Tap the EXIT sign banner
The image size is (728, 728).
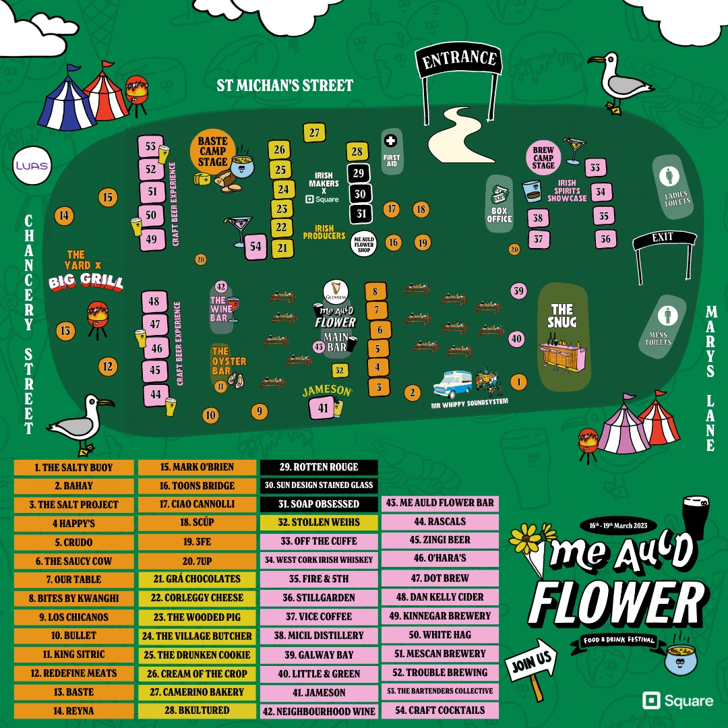click(x=663, y=239)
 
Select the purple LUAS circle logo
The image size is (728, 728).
click(x=32, y=165)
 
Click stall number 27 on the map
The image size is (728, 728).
click(x=314, y=133)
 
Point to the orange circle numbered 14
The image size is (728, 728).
click(x=64, y=216)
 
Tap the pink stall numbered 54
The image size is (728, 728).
click(x=255, y=247)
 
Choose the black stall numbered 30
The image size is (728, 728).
click(x=360, y=194)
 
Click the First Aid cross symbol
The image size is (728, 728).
click(x=390, y=141)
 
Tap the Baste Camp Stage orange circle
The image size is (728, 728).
click(x=212, y=152)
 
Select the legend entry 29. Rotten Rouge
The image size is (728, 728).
click(x=319, y=467)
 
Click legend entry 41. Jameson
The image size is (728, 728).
click(x=320, y=692)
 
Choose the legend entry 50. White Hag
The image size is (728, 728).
click(x=440, y=635)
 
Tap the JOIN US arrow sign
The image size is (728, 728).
click(x=532, y=663)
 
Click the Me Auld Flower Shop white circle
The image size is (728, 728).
click(x=364, y=243)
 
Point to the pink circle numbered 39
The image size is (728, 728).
click(x=518, y=291)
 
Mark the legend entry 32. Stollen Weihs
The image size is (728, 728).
click(x=319, y=522)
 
